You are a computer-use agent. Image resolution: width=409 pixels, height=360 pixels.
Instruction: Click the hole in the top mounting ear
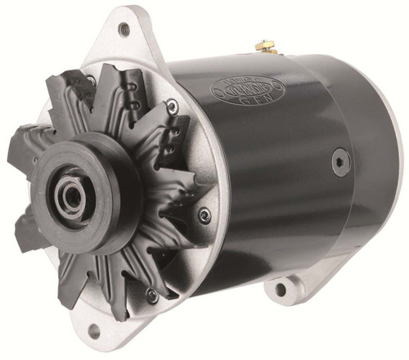[124, 29]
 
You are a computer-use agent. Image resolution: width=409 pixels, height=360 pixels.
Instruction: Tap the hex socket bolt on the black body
[336, 160]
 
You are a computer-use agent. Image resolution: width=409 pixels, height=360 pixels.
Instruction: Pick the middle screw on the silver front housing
[204, 215]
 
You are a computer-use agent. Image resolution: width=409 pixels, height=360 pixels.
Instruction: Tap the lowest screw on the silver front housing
[152, 295]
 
